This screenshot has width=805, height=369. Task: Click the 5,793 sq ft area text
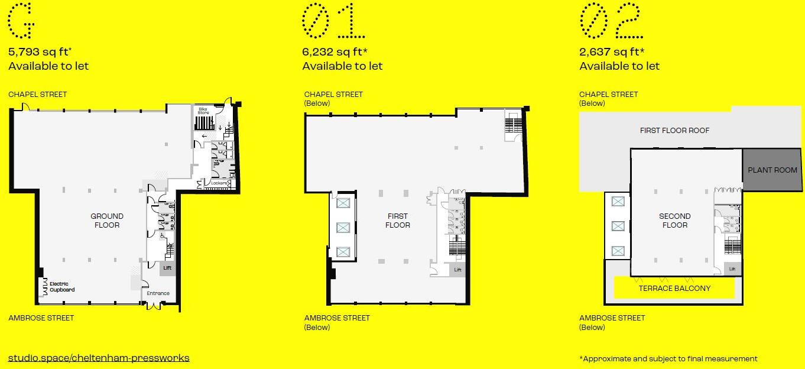39,51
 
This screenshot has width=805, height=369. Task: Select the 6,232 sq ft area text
335,51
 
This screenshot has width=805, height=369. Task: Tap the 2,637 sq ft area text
612,51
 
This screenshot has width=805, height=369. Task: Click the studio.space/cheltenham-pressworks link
99,358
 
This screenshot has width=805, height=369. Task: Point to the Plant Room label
772,170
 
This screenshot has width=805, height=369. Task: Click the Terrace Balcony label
674,288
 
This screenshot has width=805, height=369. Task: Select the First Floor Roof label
674,130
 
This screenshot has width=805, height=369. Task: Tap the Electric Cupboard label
62,287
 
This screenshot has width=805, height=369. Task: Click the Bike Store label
203,111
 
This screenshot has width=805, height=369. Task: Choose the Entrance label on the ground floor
158,293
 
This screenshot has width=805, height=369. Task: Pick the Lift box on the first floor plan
457,270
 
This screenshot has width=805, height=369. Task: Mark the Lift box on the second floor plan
732,268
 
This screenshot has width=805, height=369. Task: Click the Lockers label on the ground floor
220,183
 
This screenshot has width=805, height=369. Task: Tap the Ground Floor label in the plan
107,221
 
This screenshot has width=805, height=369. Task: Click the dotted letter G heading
21,21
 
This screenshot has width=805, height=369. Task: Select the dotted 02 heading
611,21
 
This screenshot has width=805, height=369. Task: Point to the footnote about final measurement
668,358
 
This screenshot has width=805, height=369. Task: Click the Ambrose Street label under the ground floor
41,318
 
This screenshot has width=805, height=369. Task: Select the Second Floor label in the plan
674,221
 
